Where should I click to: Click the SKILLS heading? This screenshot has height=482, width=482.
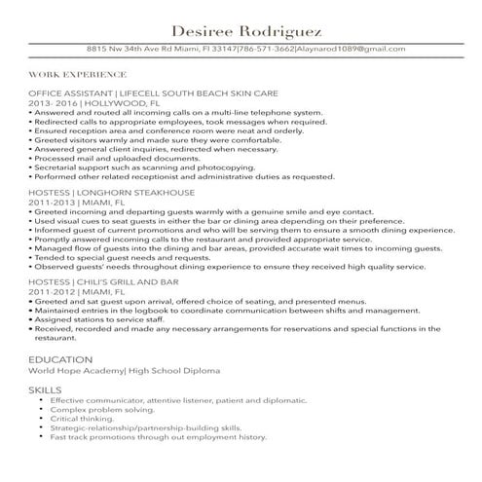pyautogui.click(x=45, y=390)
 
